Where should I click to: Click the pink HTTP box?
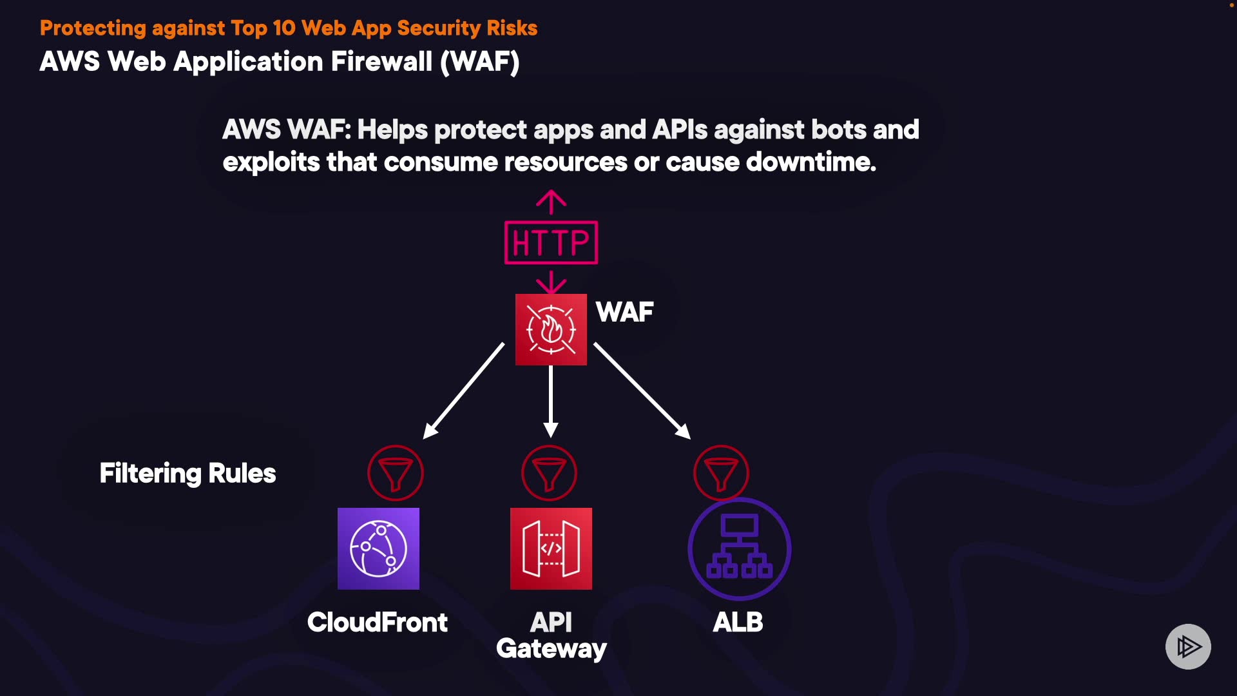[x=551, y=242]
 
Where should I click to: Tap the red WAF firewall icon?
[x=551, y=329]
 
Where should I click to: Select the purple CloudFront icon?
[x=378, y=548]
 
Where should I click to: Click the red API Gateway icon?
[x=551, y=548]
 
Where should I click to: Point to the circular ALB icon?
[x=739, y=548]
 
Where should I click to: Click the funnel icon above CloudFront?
[x=396, y=473]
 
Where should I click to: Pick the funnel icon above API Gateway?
[x=549, y=473]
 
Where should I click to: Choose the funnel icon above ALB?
[x=721, y=473]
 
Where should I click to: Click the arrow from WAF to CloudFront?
[x=464, y=391]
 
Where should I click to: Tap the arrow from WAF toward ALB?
[x=642, y=391]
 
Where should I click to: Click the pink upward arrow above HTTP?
[x=551, y=202]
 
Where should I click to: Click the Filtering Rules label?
[x=187, y=473]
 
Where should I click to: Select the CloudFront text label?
[x=378, y=622]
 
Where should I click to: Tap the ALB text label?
[x=738, y=622]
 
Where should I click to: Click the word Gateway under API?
[x=551, y=648]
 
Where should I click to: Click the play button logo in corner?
[x=1188, y=646]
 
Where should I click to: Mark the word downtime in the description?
[x=810, y=162]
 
